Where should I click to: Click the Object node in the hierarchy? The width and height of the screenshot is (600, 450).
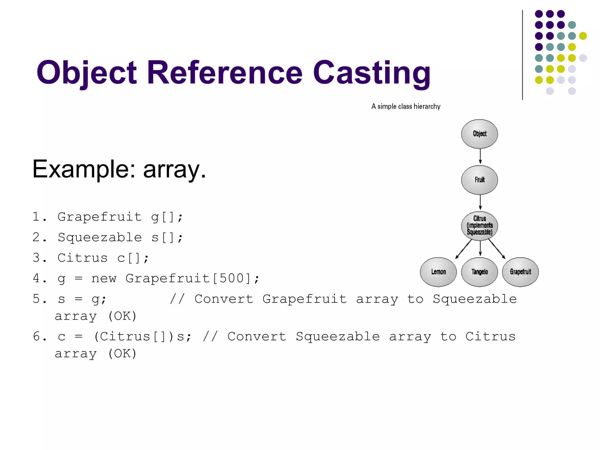(479, 134)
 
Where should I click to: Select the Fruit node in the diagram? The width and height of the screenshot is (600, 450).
(479, 180)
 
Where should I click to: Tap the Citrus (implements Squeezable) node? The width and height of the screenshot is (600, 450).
(479, 226)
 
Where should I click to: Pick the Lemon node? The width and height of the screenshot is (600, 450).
(438, 272)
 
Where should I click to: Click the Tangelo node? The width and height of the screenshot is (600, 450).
(479, 272)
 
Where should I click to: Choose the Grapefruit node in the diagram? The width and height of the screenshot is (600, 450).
(520, 272)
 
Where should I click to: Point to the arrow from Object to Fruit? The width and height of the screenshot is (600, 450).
(480, 156)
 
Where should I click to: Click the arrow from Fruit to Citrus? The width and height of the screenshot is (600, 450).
(480, 202)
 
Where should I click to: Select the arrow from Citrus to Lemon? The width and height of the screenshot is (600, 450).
(463, 249)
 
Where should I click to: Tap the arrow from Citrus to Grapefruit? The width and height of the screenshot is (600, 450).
(497, 249)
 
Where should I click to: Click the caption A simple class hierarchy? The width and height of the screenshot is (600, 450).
(406, 106)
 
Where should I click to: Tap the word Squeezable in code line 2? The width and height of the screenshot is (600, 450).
(100, 237)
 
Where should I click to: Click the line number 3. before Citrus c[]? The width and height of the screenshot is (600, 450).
(39, 258)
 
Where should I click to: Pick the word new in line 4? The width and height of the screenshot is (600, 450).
(104, 278)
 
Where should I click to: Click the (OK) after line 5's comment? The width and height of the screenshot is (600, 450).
(122, 316)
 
